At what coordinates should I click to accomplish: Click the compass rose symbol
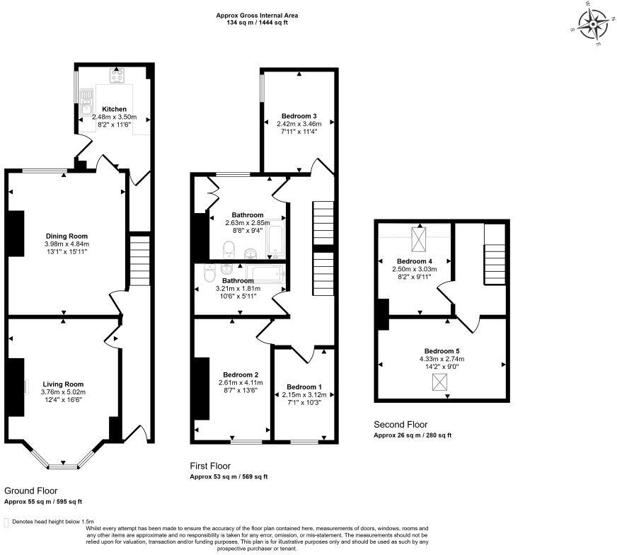click(x=593, y=24)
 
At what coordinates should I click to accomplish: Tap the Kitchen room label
click(x=115, y=109)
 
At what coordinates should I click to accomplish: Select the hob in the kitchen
click(x=117, y=76)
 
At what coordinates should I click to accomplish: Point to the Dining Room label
click(x=67, y=236)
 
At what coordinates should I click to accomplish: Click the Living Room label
click(x=64, y=384)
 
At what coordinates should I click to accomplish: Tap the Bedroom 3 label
click(x=299, y=116)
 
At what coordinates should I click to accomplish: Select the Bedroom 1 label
click(x=304, y=387)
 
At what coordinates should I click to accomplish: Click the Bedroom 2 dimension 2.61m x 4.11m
click(x=241, y=382)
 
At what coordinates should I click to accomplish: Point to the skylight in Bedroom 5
click(x=439, y=382)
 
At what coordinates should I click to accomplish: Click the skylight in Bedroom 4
click(x=418, y=239)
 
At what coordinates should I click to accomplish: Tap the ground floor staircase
click(x=140, y=261)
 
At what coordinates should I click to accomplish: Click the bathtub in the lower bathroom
click(x=265, y=273)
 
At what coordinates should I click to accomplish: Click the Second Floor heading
click(x=400, y=424)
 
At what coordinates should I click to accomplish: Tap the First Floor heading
click(x=210, y=466)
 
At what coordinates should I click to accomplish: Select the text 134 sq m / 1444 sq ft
click(x=257, y=23)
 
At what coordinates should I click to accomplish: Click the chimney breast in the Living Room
click(x=15, y=387)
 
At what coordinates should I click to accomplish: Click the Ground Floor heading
click(x=30, y=491)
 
